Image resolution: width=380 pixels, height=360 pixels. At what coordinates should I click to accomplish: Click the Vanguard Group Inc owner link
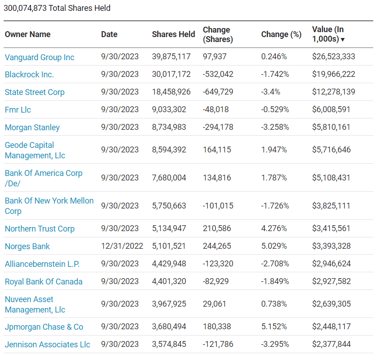click(39, 57)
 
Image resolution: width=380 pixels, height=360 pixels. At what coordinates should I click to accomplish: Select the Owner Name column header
click(28, 34)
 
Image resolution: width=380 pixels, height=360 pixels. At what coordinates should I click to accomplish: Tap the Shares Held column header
click(173, 34)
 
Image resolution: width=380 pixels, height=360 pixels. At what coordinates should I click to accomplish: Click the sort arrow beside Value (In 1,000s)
click(342, 40)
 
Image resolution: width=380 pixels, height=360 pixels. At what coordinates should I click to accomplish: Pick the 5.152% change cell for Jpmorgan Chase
click(274, 327)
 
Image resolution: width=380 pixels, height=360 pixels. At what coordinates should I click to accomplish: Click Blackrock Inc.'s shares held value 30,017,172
click(171, 75)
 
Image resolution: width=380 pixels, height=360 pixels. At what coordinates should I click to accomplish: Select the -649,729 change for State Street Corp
click(218, 92)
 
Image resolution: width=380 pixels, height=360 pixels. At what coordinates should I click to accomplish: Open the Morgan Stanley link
click(32, 128)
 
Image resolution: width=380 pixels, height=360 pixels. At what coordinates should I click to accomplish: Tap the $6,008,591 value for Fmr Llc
click(331, 110)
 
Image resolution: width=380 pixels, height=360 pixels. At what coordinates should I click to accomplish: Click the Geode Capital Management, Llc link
click(35, 150)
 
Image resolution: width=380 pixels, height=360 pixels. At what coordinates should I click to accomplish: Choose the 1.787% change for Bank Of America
click(274, 178)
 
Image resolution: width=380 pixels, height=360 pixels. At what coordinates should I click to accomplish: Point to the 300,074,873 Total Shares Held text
click(57, 8)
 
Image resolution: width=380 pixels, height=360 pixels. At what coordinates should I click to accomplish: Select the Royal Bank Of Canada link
click(43, 282)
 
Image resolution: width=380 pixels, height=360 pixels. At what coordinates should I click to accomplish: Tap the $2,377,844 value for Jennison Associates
click(331, 345)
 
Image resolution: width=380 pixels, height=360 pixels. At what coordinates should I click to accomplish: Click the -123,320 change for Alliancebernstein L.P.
click(218, 264)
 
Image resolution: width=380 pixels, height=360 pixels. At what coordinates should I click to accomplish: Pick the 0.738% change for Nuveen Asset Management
click(274, 304)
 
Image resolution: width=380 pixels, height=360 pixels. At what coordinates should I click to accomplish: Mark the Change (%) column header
click(281, 34)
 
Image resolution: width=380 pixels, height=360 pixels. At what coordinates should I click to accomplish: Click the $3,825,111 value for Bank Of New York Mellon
click(331, 206)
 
